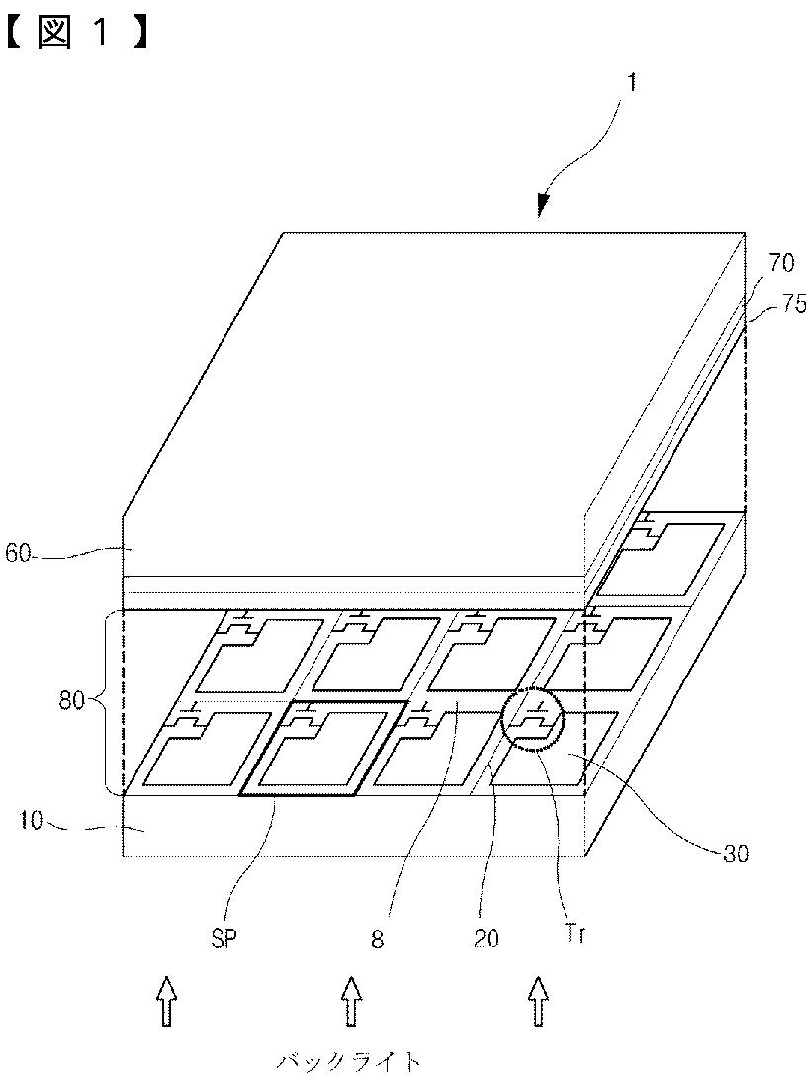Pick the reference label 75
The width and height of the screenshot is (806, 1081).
790,304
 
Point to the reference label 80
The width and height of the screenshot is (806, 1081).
71,703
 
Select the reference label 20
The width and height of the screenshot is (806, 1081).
486,936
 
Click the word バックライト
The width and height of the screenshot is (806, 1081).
348,1063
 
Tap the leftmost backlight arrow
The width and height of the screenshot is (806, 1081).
166,1000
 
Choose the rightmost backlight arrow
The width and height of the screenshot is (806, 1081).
538,1000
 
